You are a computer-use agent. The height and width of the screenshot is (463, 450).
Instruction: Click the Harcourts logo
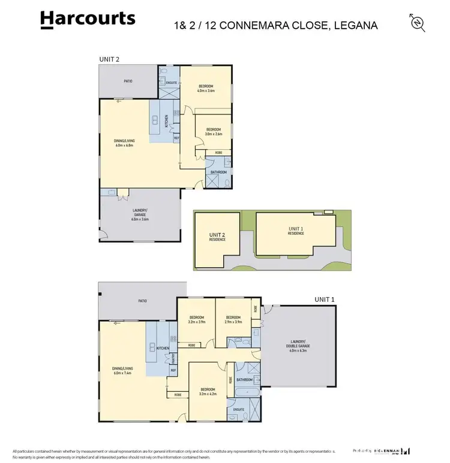click(x=88, y=19)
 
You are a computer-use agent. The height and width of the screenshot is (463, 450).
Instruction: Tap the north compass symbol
click(x=418, y=23)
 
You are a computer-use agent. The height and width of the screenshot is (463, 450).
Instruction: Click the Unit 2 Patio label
click(x=128, y=81)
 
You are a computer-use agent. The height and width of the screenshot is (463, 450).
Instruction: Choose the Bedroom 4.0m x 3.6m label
click(x=206, y=89)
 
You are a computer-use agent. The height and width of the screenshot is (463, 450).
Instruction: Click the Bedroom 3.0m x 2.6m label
click(x=214, y=132)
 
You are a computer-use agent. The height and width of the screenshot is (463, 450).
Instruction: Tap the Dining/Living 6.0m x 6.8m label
click(x=124, y=143)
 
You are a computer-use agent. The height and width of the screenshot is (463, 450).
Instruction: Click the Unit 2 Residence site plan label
click(x=217, y=237)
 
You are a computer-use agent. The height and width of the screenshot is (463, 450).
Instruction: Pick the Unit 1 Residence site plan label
click(x=296, y=231)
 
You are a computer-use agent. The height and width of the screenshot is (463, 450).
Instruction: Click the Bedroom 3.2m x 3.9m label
click(x=197, y=319)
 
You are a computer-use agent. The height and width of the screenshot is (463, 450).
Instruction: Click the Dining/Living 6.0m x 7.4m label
click(x=122, y=370)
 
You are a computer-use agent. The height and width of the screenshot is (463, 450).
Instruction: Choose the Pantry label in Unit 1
click(x=173, y=359)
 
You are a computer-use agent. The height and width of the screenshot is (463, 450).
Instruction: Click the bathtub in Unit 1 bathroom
click(x=247, y=392)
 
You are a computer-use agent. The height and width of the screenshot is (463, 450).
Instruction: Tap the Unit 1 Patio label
click(x=142, y=301)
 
